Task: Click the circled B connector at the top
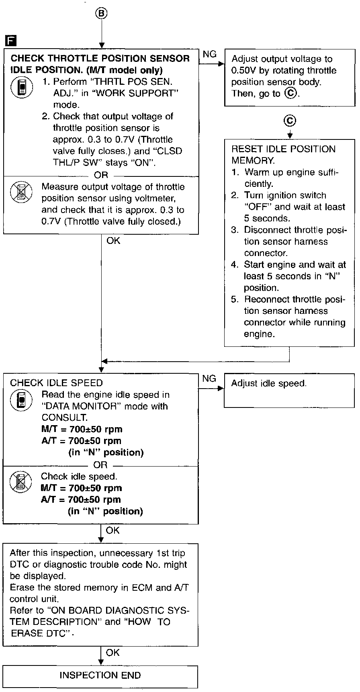[x=102, y=13]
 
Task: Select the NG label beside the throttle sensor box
[x=210, y=54]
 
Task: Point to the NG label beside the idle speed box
[x=209, y=379]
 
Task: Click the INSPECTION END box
[x=100, y=675]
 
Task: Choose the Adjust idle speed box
[x=289, y=391]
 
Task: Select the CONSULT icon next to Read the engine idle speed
[x=20, y=401]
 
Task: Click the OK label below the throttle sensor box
[x=113, y=241]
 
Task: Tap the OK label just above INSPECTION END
[x=113, y=653]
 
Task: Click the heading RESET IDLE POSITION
[x=283, y=149]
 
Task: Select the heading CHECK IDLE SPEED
[x=56, y=383]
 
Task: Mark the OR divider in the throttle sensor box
[x=101, y=175]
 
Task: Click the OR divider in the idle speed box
[x=100, y=465]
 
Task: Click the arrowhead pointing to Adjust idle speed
[x=221, y=389]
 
